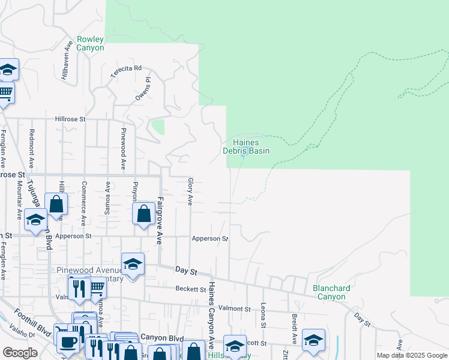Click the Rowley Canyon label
[90, 43]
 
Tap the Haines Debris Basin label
[246, 146]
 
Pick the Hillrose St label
[71, 119]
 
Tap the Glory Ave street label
[190, 191]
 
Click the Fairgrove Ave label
[160, 221]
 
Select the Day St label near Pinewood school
[186, 271]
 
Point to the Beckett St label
[191, 289]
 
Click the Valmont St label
[234, 308]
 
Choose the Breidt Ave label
[295, 324]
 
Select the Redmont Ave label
[32, 149]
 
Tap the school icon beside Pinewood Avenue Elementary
[133, 264]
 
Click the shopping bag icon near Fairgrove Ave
[144, 214]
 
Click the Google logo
[20, 353]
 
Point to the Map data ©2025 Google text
[411, 355]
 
